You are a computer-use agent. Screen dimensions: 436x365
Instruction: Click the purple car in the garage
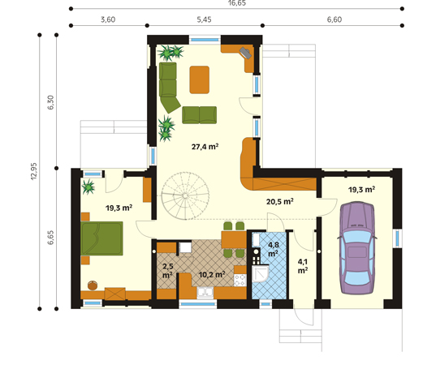357,248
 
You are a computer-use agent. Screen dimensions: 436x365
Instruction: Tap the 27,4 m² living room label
205,146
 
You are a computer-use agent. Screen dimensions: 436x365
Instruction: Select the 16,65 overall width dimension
237,3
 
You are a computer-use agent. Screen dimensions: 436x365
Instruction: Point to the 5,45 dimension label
204,19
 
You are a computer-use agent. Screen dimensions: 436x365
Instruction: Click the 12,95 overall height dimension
33,171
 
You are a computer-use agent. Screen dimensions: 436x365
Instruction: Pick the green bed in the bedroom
101,238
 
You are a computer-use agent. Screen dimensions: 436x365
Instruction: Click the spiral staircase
185,195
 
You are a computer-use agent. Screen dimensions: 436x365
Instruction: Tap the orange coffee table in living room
200,79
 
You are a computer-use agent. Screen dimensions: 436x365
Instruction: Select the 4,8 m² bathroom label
274,249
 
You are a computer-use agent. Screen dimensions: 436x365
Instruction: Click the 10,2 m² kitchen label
212,275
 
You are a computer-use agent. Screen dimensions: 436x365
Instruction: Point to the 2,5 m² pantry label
168,271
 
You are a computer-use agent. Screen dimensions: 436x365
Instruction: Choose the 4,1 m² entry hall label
303,266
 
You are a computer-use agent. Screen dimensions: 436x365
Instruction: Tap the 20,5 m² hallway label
280,201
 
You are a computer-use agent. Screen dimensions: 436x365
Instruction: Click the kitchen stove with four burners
240,280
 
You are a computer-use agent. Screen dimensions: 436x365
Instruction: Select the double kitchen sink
205,293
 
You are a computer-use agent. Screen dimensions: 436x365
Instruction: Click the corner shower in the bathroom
260,273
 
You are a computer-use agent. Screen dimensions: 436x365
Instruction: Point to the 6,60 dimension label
334,19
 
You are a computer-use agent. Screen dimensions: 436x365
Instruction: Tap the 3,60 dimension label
108,19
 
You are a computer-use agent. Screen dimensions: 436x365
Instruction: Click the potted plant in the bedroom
88,187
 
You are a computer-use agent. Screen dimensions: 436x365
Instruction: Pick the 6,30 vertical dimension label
50,102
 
